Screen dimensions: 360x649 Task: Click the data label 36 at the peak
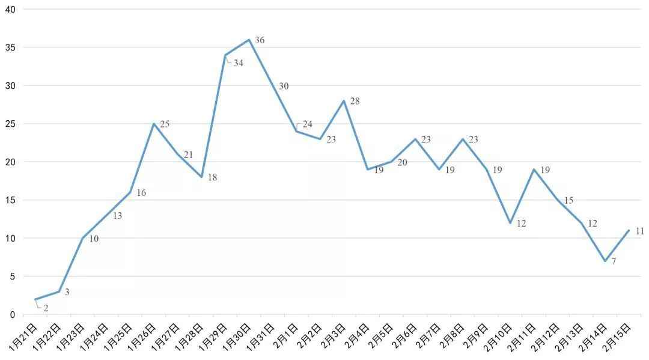pos(260,40)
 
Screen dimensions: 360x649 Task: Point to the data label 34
pos(239,63)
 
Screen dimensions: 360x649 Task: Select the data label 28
pos(355,101)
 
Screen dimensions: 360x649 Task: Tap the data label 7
pos(614,261)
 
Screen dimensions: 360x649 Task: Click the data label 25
pos(165,124)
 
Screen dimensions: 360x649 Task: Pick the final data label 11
pos(639,231)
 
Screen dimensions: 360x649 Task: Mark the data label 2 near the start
pos(46,308)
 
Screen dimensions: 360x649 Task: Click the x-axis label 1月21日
pos(24,337)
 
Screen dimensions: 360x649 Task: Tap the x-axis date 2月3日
pos(333,337)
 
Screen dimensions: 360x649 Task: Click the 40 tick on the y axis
pos(10,9)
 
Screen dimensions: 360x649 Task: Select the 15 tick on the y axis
pos(10,200)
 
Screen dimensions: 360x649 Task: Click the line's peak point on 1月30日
pos(249,40)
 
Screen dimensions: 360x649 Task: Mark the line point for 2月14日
pos(605,261)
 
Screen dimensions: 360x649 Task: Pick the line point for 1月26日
pos(154,124)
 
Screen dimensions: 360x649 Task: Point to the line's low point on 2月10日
pos(510,223)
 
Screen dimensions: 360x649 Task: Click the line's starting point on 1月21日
pos(35,299)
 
